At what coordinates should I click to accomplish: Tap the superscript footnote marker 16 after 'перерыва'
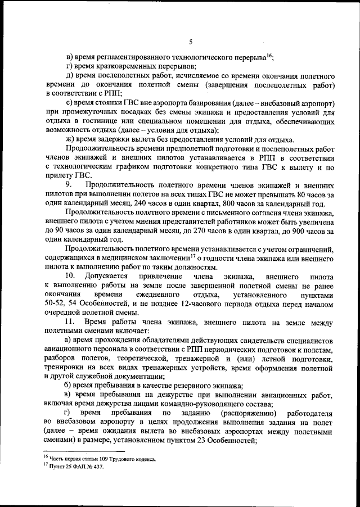coord(269,55)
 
